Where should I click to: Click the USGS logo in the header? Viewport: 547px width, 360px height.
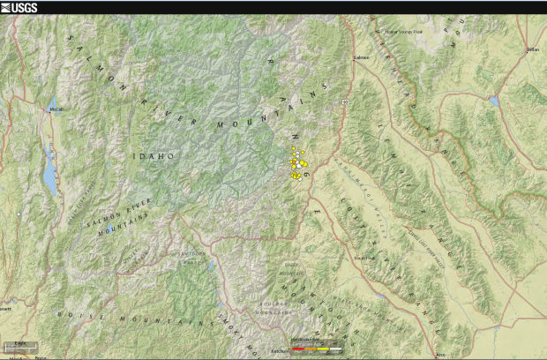pyautogui.click(x=19, y=7)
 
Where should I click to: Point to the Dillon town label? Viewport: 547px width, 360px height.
pyautogui.click(x=532, y=50)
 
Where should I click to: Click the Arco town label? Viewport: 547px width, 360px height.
pyautogui.click(x=441, y=353)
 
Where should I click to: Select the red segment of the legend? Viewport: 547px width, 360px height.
pyautogui.click(x=297, y=349)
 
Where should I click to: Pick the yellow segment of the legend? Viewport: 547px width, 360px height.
pyautogui.click(x=323, y=349)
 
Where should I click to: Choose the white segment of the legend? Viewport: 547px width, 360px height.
pyautogui.click(x=334, y=349)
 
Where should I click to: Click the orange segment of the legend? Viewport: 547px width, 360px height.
pyautogui.click(x=310, y=349)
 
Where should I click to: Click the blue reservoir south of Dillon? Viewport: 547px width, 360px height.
pyautogui.click(x=494, y=101)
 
